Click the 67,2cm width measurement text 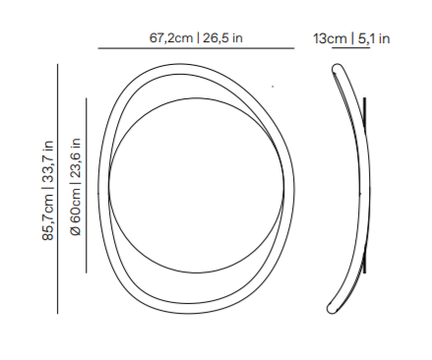171,38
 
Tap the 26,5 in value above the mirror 222,38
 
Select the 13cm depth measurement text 330,38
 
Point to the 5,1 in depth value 374,38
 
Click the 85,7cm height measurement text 48,217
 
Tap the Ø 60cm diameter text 75,211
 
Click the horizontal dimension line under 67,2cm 196,48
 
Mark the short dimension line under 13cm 351,48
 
